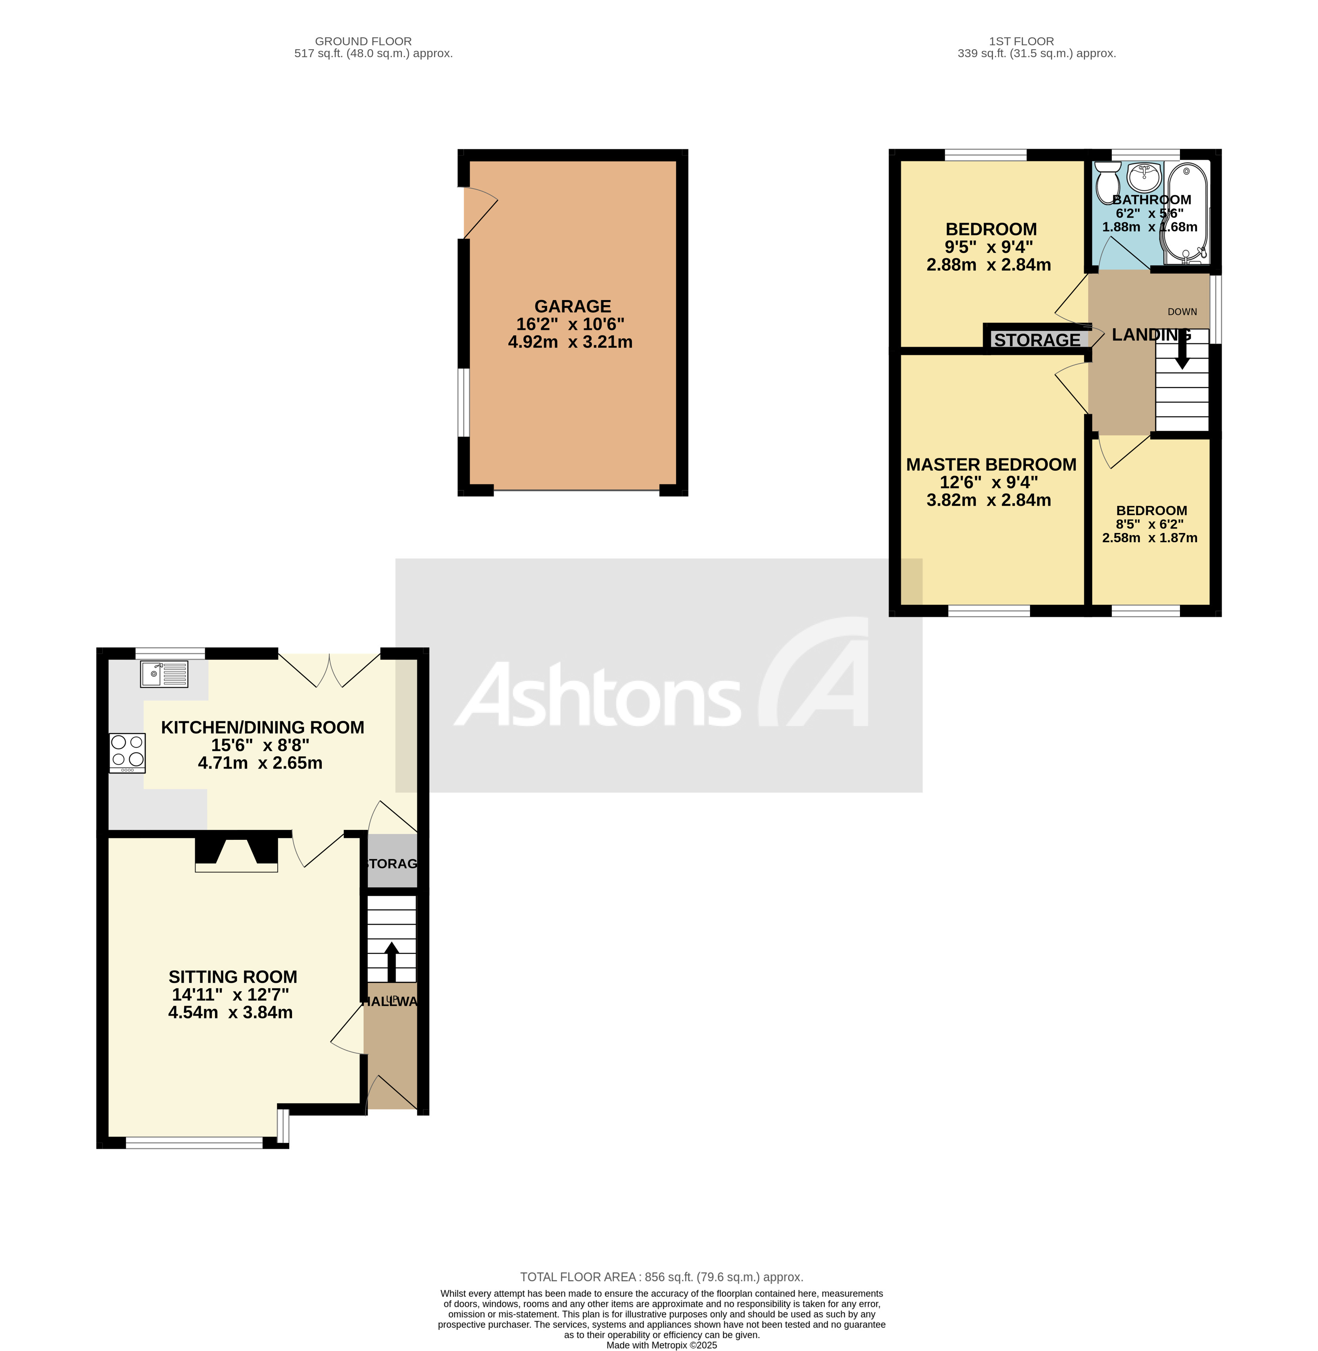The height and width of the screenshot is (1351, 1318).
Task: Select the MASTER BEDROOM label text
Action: pyautogui.click(x=991, y=465)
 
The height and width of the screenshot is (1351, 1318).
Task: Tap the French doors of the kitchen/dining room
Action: pyautogui.click(x=329, y=670)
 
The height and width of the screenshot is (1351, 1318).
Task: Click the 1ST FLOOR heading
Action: pyautogui.click(x=1021, y=42)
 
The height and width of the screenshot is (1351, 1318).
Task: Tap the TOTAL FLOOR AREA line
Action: pyautogui.click(x=661, y=1276)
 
